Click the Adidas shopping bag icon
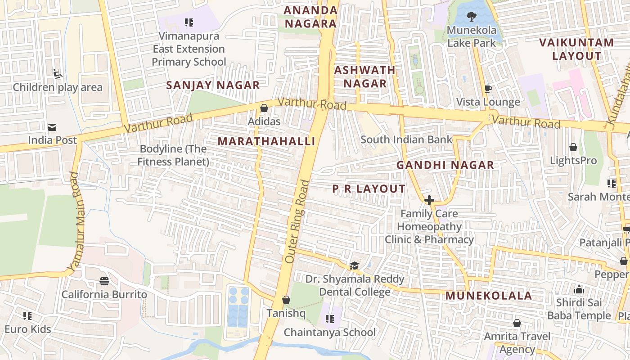pyautogui.click(x=264, y=108)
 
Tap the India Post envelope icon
pyautogui.click(x=53, y=127)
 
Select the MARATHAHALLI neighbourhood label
pyautogui.click(x=266, y=141)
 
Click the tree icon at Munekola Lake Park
pyautogui.click(x=471, y=17)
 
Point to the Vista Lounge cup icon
pyautogui.click(x=488, y=89)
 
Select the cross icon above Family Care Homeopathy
pyautogui.click(x=429, y=200)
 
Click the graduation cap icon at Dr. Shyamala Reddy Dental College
pyautogui.click(x=355, y=266)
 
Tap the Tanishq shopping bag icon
pyautogui.click(x=286, y=300)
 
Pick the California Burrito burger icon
pyautogui.click(x=104, y=281)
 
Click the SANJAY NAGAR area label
pyautogui.click(x=213, y=85)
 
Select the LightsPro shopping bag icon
pyautogui.click(x=573, y=147)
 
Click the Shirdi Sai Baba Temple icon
pyautogui.click(x=579, y=289)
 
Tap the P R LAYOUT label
pyautogui.click(x=369, y=189)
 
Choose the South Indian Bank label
pyautogui.click(x=406, y=139)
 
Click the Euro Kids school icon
pyautogui.click(x=27, y=316)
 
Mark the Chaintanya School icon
pyautogui.click(x=330, y=319)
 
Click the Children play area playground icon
pyautogui.click(x=57, y=73)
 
